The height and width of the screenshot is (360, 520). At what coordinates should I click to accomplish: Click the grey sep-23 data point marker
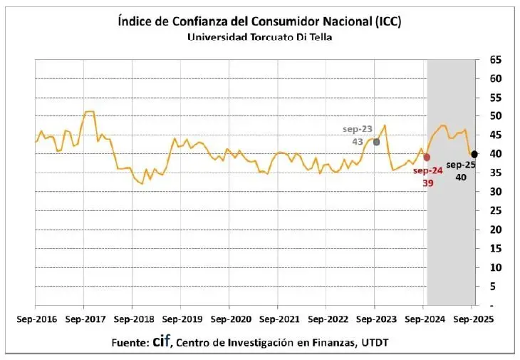coord(376,142)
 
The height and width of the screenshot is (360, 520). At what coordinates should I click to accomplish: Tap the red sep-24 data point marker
coord(427,157)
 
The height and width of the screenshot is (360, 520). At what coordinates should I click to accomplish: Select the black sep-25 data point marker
coord(474,154)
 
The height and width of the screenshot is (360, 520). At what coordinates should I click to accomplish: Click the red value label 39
coord(427,182)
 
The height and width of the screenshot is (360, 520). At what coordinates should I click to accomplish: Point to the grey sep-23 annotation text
coord(358,129)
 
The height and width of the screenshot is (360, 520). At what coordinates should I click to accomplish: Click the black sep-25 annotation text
coord(460,165)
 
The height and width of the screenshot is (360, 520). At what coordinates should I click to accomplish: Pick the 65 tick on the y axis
coord(495,59)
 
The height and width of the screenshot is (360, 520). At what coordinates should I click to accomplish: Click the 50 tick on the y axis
coord(495,116)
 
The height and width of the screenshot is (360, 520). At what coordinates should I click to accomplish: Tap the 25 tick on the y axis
coord(495,211)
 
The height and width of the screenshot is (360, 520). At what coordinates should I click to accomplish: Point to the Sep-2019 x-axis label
coord(181,319)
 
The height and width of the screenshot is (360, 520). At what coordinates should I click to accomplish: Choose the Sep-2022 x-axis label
coord(326,319)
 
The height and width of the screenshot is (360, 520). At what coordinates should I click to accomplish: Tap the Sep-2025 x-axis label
coord(472,319)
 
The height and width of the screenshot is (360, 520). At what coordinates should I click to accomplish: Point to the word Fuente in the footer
coord(130,343)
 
